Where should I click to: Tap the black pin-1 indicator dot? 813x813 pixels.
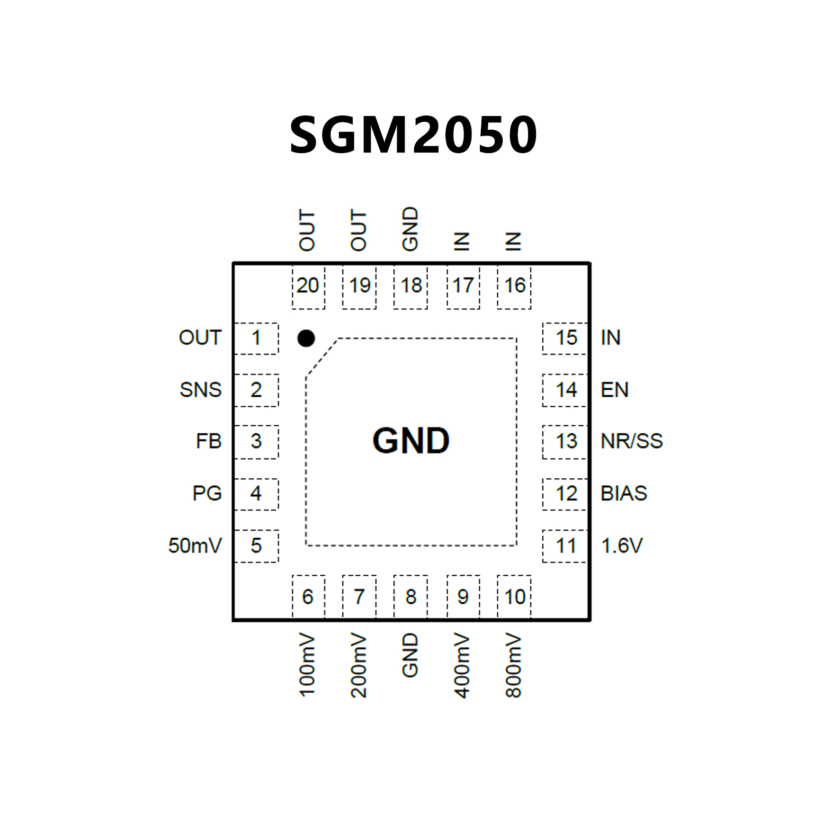coord(306,338)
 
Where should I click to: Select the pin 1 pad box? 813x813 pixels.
coord(256,338)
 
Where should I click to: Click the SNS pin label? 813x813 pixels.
coord(200,390)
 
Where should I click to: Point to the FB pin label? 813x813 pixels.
coord(208,441)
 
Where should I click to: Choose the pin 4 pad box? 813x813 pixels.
coord(256,494)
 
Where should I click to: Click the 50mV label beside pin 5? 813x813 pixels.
coord(194,546)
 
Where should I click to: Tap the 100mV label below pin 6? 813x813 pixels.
coord(307,664)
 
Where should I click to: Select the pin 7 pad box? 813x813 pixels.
coord(359,596)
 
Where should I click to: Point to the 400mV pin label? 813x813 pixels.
coord(462,665)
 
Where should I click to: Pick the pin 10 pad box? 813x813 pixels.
coord(514,596)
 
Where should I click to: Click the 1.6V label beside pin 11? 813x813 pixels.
coord(622,546)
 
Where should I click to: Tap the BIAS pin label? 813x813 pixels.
coord(623,494)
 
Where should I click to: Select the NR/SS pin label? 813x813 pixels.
coord(631,441)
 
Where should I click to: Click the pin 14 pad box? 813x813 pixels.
coord(565,390)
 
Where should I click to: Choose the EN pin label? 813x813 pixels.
coord(614,390)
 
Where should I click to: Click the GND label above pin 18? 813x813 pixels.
coord(410,229)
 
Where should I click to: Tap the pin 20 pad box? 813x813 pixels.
coord(308,286)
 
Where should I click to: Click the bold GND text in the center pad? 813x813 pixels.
coord(411,441)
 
